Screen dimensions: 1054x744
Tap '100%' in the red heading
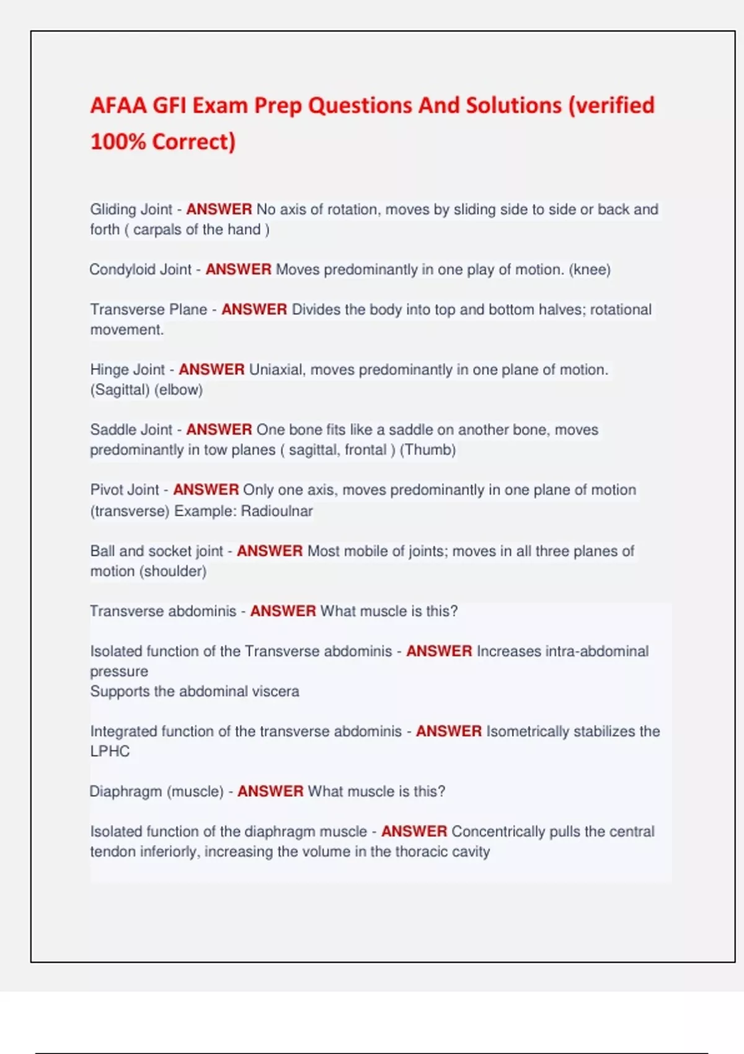pyautogui.click(x=118, y=142)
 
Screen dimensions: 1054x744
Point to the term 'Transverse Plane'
pyautogui.click(x=149, y=309)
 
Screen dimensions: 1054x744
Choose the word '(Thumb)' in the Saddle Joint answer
pyautogui.click(x=428, y=449)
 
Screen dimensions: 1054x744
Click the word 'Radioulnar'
pyautogui.click(x=277, y=511)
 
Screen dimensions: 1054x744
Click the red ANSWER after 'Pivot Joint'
pyautogui.click(x=206, y=490)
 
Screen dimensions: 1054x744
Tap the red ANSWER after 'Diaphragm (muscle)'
pyautogui.click(x=270, y=792)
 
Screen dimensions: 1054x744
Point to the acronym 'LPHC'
pyautogui.click(x=110, y=751)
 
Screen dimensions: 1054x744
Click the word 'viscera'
pyautogui.click(x=275, y=691)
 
